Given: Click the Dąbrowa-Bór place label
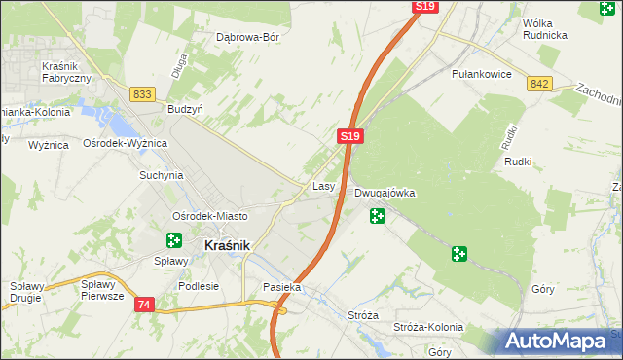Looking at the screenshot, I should pos(247,38).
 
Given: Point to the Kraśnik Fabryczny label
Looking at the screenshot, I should pos(66,71).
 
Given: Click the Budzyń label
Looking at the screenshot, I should pos(185,110).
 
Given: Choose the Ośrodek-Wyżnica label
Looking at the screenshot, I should pos(126,143).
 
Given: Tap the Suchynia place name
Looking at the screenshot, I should pos(161,176).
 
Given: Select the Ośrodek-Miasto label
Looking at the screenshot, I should pos(209,215).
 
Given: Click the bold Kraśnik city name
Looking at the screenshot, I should pos(228,246).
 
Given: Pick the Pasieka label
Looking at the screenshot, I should pos(282,288).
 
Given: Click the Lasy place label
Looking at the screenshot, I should pos(324,185).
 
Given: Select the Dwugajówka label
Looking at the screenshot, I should pos(385,193).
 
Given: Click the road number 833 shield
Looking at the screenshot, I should pos(143,93).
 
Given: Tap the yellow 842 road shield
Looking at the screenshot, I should pos(541,85).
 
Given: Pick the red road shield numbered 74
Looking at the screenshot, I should pos(144,305).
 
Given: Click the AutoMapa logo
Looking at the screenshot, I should pos(559,342).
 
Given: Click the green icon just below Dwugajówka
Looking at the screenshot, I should pos(377,215).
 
